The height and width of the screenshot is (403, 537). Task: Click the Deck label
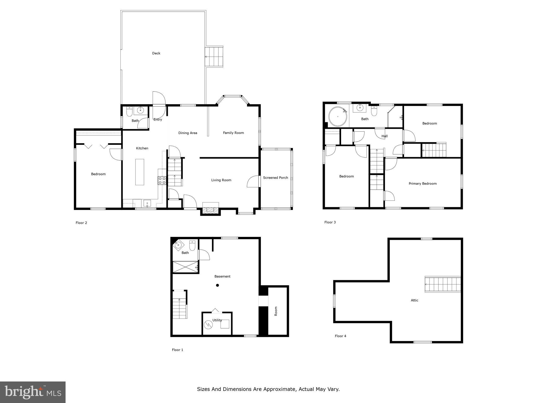coord(156,53)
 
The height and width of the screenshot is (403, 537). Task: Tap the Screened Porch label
coord(275,178)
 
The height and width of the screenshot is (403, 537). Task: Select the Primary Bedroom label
coord(422,184)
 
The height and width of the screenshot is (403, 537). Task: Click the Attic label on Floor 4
coord(414,300)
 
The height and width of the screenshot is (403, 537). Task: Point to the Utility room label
coord(217,320)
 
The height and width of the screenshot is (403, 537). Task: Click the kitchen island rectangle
coord(139,172)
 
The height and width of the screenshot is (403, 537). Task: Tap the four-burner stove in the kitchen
coord(162,181)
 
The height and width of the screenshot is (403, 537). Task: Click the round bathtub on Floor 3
coord(338,116)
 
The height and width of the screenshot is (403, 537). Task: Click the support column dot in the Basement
coord(217,285)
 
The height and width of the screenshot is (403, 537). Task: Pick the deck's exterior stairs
coord(214,57)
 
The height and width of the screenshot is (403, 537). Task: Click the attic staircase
coord(443,284)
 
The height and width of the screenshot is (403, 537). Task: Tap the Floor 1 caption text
coord(178,350)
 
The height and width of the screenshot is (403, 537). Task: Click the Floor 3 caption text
coord(330,222)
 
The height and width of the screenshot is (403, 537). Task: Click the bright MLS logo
coord(33,392)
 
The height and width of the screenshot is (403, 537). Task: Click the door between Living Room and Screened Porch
coord(253,181)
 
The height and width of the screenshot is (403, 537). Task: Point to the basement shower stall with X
coord(185,267)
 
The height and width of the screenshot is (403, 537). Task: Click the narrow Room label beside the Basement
coord(276,311)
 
